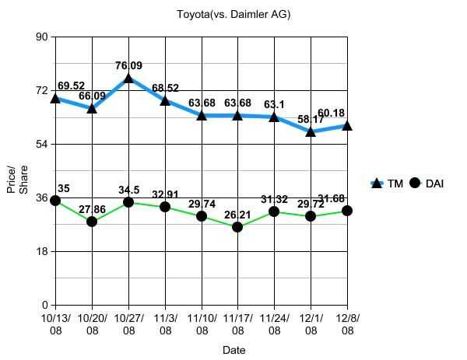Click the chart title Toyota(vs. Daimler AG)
pos(233,14)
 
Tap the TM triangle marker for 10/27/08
pos(128,79)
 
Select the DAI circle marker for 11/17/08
pos(237,227)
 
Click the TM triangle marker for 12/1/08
pos(311,131)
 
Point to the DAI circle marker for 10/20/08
pos(92,222)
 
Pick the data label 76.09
pos(128,66)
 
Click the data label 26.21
pos(237,215)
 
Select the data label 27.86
pos(92,209)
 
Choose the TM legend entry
pos(386,183)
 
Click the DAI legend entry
pos(427,183)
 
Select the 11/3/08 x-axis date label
pos(165,323)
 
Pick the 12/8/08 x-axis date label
pos(347,323)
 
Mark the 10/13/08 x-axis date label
pos(55,323)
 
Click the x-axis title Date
pos(233,350)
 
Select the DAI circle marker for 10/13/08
pos(55,201)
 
